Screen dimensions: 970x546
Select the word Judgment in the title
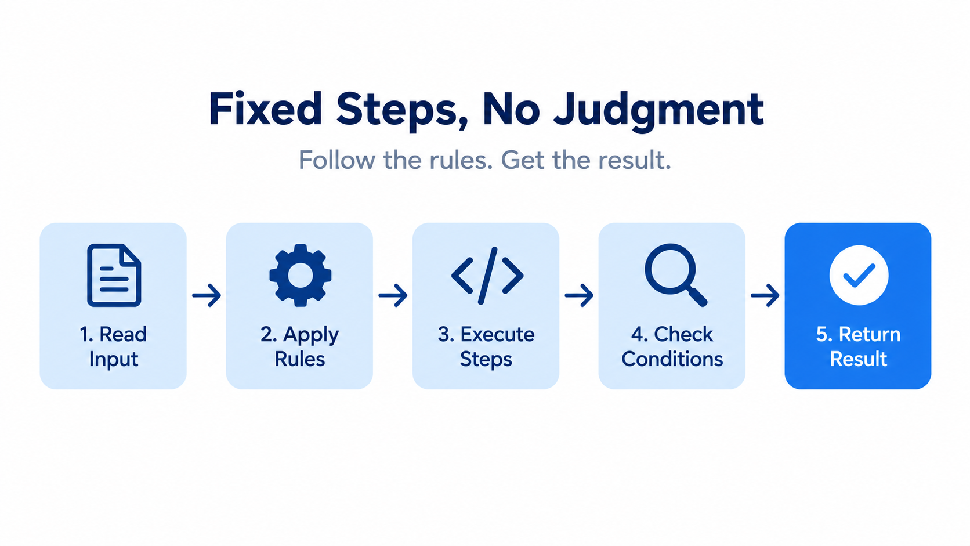658,111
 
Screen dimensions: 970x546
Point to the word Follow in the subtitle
337,160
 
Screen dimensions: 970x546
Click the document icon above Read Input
114,276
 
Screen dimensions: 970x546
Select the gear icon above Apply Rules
300,276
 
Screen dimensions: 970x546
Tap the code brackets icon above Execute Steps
487,276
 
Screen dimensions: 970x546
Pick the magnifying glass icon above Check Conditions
675,276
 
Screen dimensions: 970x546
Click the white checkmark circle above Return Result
859,276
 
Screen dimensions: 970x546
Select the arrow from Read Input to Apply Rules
207,295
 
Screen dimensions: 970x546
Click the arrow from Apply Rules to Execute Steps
393,295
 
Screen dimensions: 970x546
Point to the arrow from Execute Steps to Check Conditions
579,295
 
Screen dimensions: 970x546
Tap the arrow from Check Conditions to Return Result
765,295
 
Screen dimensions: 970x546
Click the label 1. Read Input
114,347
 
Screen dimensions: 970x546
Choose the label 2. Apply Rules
300,347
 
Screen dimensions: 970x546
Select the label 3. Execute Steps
486,347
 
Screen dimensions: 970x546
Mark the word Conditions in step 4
672,359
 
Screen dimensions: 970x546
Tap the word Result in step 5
858,359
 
